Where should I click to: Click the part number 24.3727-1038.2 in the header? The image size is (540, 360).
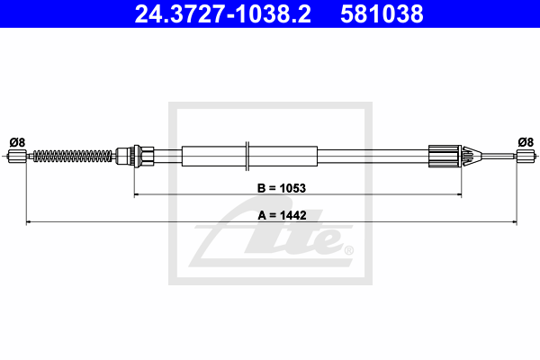[x=223, y=14]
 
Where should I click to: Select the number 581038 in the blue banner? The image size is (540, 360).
[x=382, y=14]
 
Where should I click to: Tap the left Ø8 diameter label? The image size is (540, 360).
[x=17, y=142]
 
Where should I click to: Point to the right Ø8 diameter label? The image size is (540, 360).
[x=526, y=142]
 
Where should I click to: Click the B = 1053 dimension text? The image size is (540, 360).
[x=282, y=188]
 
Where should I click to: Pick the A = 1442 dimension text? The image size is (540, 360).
[x=282, y=215]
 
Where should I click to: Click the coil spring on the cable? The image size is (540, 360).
[x=73, y=156]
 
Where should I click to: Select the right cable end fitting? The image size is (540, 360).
[x=526, y=156]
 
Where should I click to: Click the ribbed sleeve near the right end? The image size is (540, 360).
[x=445, y=156]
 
